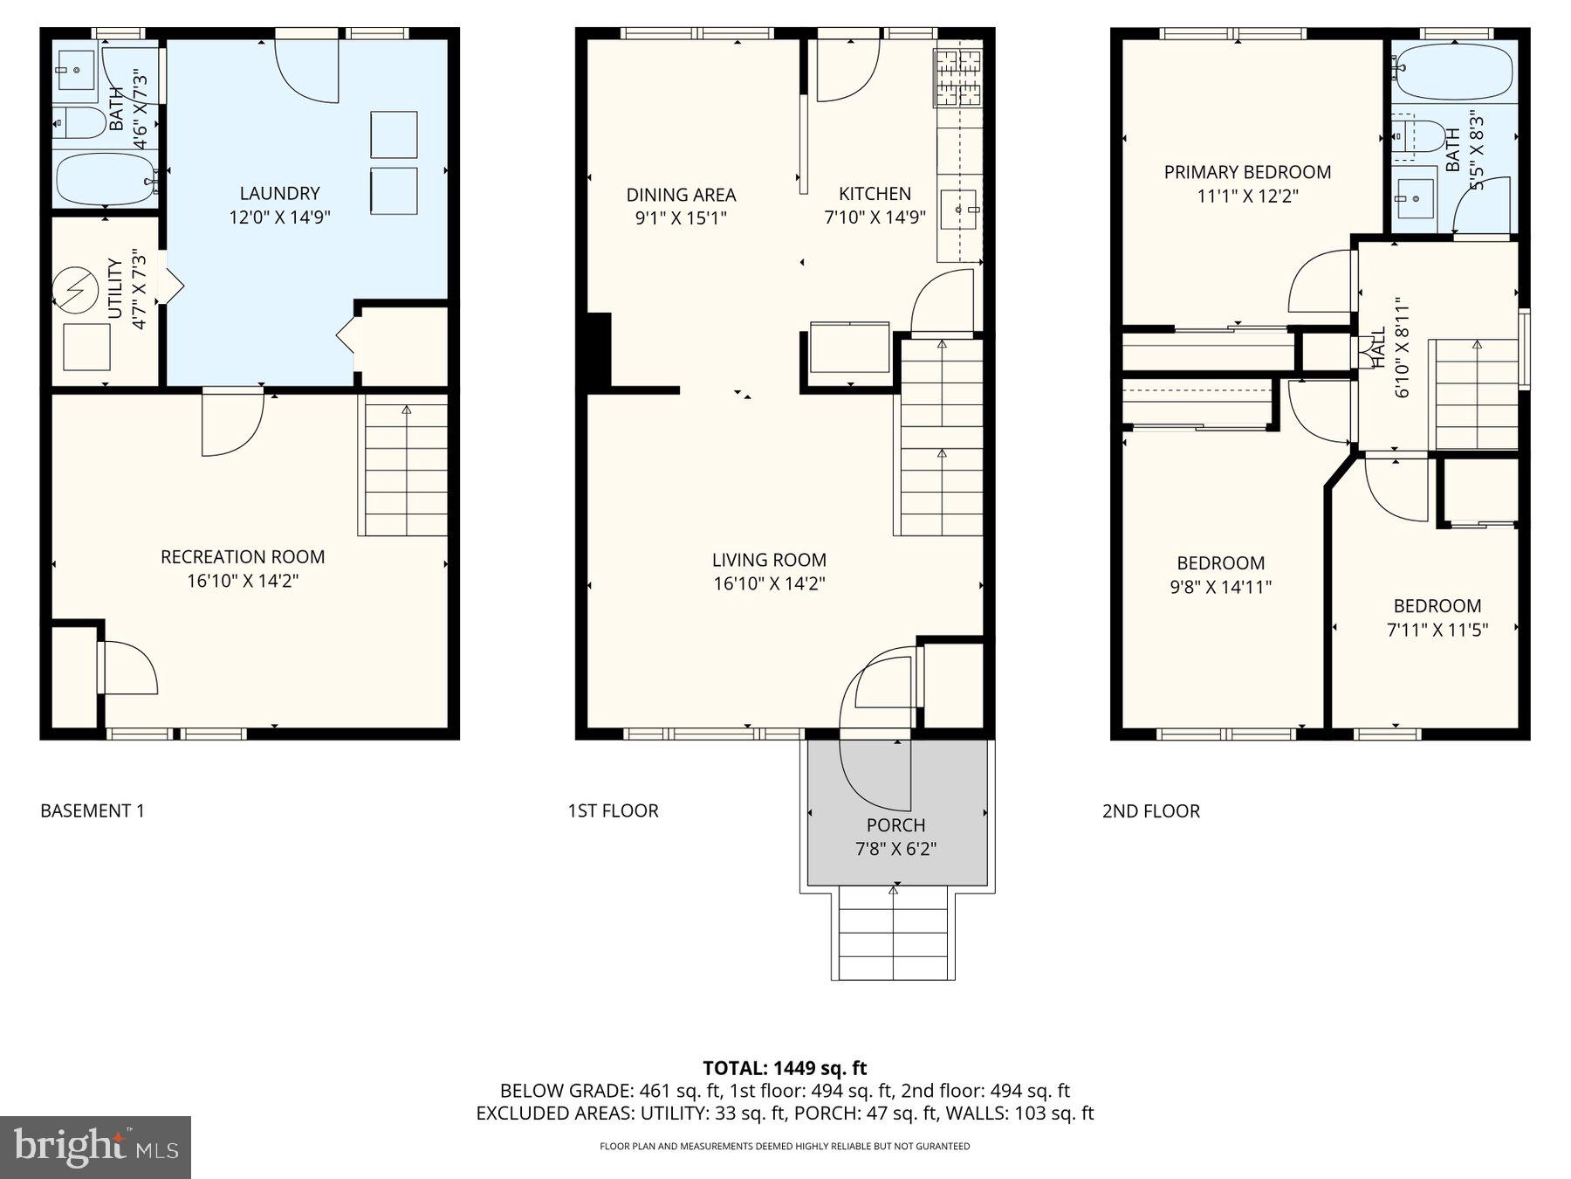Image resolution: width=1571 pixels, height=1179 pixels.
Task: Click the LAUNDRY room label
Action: pos(279,193)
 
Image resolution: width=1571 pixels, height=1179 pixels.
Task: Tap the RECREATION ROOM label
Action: pos(243,556)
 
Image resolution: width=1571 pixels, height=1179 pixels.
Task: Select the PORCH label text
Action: pos(895,825)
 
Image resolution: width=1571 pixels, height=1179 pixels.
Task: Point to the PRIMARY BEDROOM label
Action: pos(1247,172)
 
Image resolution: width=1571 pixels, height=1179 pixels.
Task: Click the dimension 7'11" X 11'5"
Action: pos(1437,629)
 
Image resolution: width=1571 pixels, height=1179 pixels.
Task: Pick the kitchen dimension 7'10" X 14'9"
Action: pos(875,217)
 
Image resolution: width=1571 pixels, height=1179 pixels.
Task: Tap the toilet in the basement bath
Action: pos(79,122)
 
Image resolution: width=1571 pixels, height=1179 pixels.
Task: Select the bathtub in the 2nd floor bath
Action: pos(1453,72)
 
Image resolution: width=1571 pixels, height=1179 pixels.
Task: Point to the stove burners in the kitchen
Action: pos(957,77)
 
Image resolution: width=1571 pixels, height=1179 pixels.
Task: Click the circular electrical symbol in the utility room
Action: pos(75,290)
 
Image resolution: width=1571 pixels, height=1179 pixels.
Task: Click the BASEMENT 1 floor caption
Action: pos(93,810)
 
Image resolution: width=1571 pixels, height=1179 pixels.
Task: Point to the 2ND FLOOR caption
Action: pos(1150,811)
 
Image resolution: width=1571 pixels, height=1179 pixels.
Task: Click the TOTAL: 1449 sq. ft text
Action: pos(785,1067)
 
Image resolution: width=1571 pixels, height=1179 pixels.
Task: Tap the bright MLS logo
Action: pos(95,1147)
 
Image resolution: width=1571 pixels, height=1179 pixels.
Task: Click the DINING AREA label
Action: pos(681,195)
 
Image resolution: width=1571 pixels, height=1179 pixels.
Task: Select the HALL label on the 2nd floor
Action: pos(1378,348)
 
